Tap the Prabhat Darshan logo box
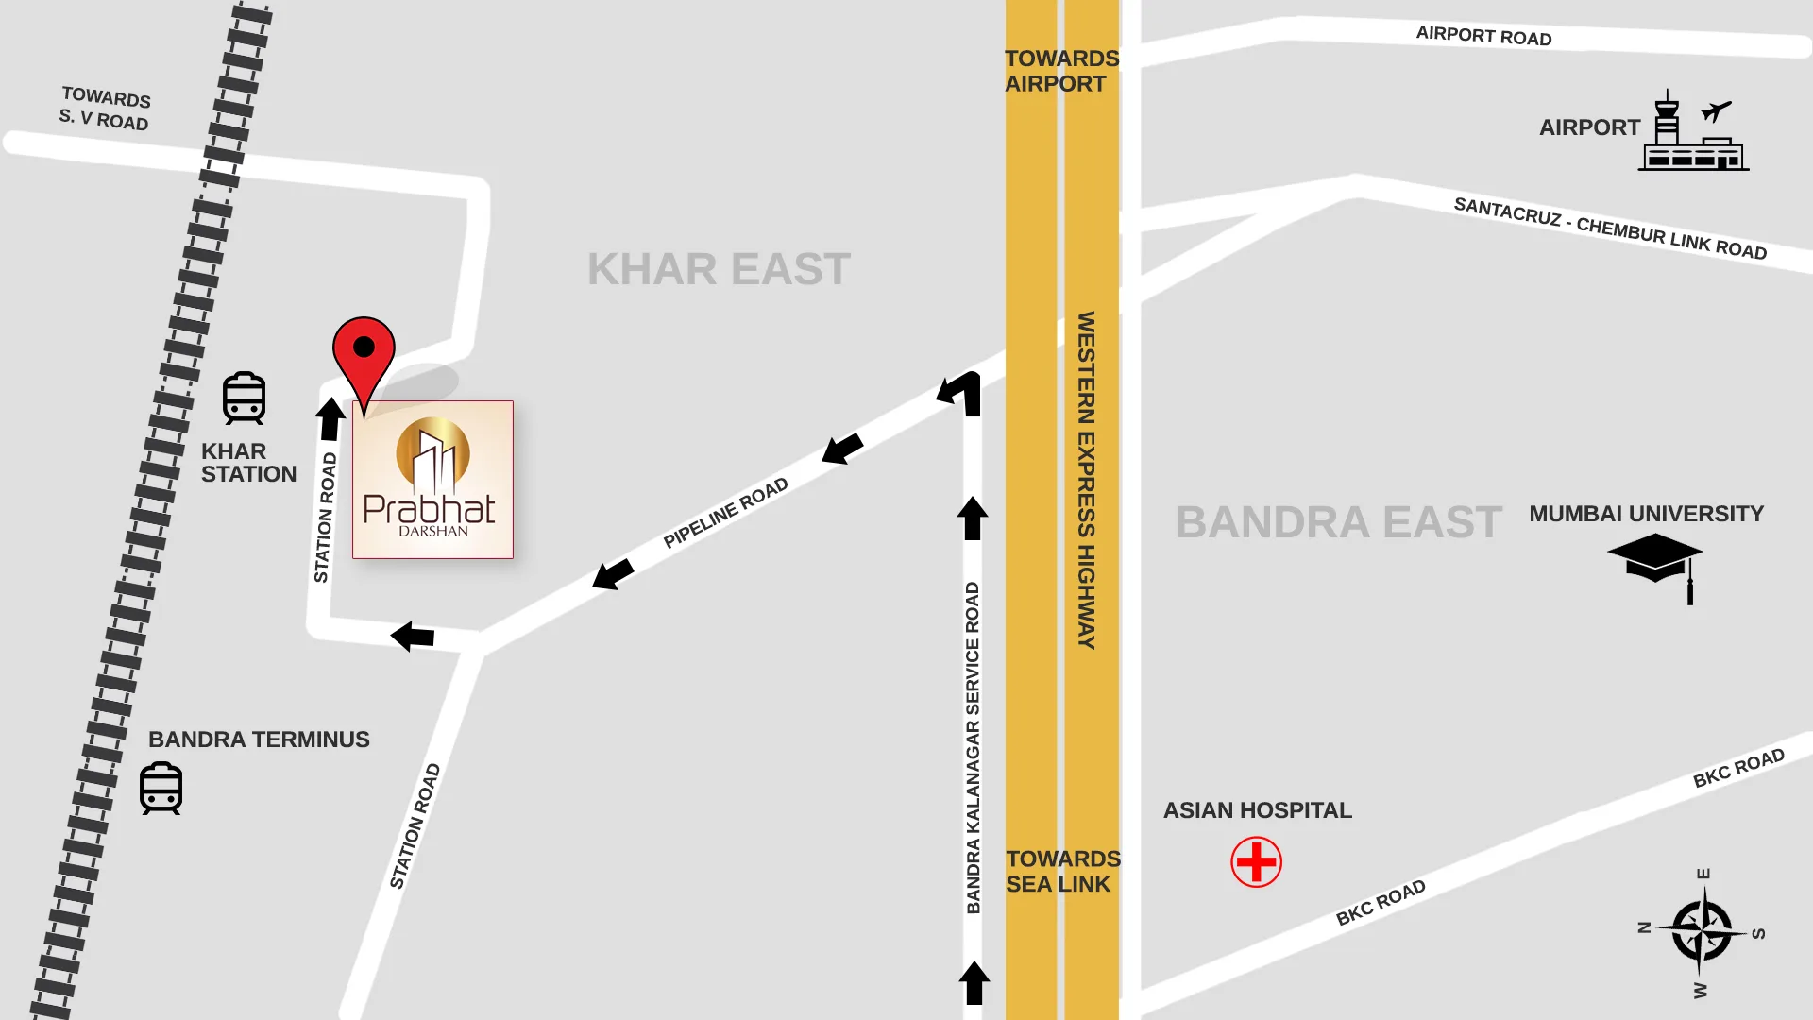click(432, 480)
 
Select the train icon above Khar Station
click(244, 398)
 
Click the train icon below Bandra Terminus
click(161, 788)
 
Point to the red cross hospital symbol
click(1256, 862)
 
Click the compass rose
click(1701, 932)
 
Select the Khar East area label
click(719, 269)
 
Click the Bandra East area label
click(1338, 522)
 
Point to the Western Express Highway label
click(1087, 480)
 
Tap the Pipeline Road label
click(725, 513)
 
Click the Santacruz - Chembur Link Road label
click(1610, 228)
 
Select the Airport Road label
click(1483, 36)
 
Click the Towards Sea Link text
click(1062, 871)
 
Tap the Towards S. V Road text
click(105, 109)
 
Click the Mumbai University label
click(1646, 514)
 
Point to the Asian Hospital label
click(1257, 810)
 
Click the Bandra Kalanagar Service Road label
click(973, 747)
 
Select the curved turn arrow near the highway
click(961, 393)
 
